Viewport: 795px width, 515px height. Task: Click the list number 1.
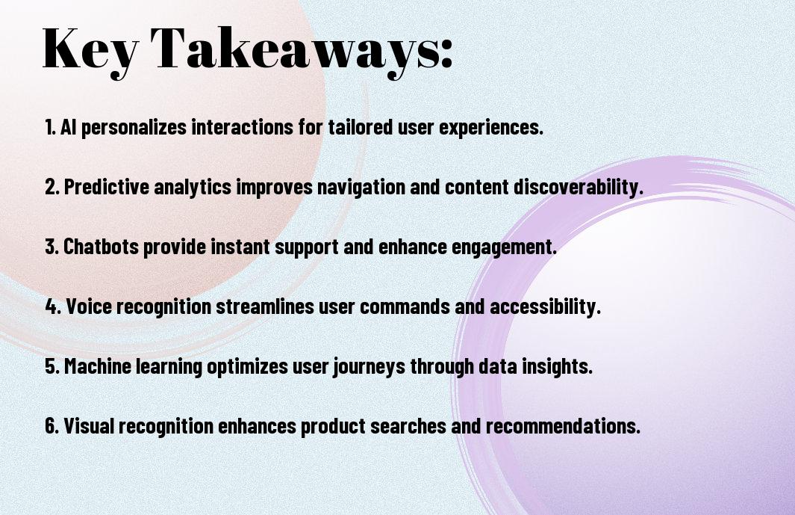(x=50, y=127)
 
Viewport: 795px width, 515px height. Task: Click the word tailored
(x=360, y=127)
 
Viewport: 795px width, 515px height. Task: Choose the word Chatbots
(x=101, y=247)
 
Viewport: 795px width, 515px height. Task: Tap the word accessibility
(x=545, y=307)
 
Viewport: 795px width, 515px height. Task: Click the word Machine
(x=98, y=366)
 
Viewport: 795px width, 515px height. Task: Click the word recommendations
(x=564, y=426)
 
